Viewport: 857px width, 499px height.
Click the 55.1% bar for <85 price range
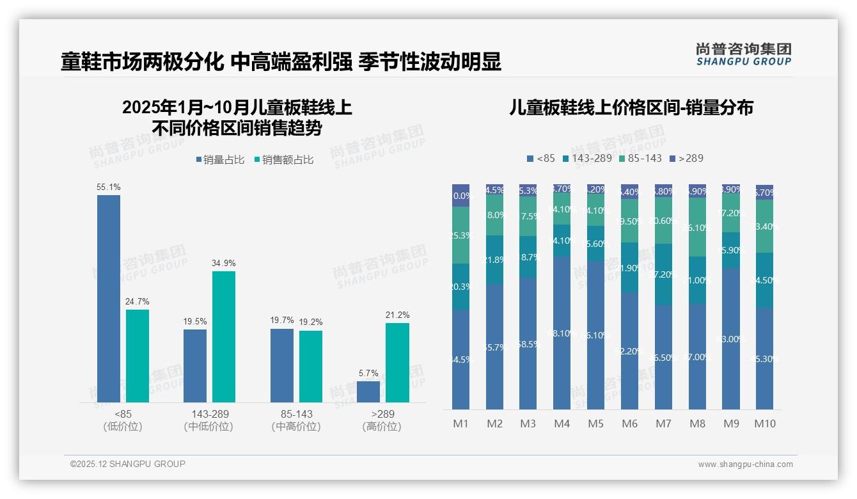coord(109,298)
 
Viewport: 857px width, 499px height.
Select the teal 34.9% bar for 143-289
coord(224,337)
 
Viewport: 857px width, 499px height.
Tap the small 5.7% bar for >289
coord(368,392)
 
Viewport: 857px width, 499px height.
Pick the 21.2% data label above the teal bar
coord(398,315)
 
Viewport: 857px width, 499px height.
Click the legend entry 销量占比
coord(220,160)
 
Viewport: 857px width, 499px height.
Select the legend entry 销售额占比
coord(284,160)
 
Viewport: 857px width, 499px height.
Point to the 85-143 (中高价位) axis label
coord(296,420)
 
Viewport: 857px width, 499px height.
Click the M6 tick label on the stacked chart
coord(629,424)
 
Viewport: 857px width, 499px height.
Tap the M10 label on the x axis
coord(764,424)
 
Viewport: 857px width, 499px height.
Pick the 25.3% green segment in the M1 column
coord(461,235)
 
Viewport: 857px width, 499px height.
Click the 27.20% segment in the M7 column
coord(663,274)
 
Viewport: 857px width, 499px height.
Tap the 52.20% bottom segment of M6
coord(629,351)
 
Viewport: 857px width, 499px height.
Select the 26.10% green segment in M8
coord(697,227)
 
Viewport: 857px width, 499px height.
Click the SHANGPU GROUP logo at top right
coord(743,54)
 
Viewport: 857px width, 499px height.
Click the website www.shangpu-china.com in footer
coord(745,464)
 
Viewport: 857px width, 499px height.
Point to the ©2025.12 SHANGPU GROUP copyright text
coord(128,464)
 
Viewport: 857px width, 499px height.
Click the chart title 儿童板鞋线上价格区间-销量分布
coord(631,107)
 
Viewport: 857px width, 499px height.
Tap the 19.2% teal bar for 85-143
coord(311,366)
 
